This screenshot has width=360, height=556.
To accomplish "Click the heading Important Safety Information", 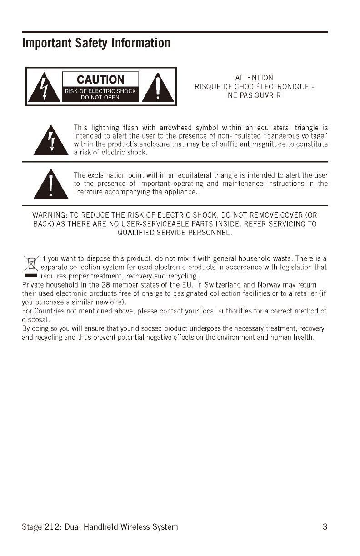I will [96, 43].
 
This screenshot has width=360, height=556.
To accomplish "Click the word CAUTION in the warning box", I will [100, 79].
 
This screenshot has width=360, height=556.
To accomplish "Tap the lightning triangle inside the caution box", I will [44, 88].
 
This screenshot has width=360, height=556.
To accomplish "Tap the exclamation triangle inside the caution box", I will [157, 87].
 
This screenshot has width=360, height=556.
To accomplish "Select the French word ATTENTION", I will [254, 78].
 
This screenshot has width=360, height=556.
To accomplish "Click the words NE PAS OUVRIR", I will [254, 95].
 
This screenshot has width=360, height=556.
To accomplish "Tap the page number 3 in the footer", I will [325, 527].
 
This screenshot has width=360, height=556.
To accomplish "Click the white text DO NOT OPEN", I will [100, 97].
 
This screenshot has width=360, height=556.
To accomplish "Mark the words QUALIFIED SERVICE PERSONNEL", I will [175, 233].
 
